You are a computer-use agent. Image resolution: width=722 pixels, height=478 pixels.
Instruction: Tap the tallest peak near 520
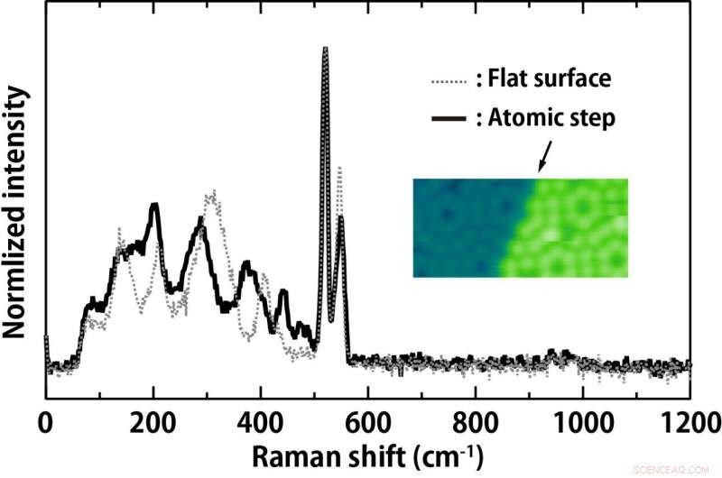pyautogui.click(x=325, y=49)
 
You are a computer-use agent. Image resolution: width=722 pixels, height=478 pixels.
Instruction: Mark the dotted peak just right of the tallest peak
pyautogui.click(x=339, y=169)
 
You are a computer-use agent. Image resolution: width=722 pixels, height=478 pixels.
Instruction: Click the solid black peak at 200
pyautogui.click(x=155, y=206)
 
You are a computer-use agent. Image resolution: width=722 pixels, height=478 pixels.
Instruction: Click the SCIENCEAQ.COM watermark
pyautogui.click(x=682, y=469)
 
